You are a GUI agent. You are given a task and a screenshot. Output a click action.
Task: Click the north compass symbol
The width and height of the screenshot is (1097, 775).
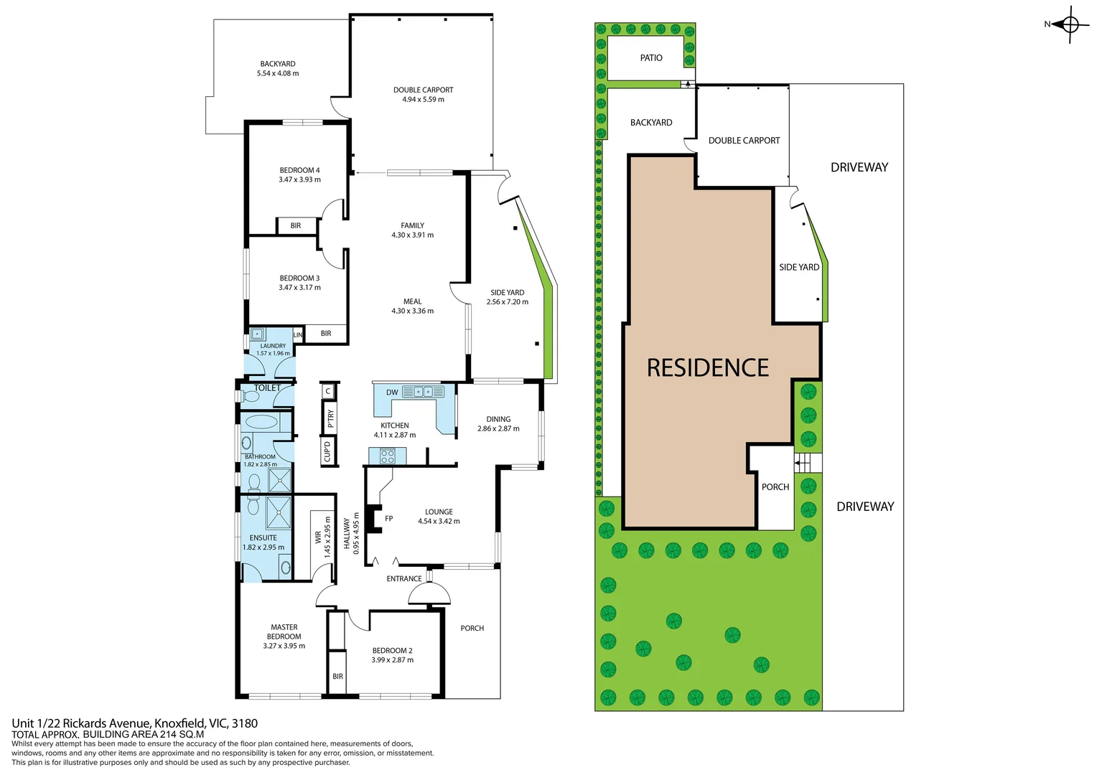(1070, 25)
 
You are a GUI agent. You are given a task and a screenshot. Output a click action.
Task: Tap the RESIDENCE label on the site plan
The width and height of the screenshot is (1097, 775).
(707, 368)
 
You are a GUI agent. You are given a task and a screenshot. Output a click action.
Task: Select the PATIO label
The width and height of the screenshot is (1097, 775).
(651, 58)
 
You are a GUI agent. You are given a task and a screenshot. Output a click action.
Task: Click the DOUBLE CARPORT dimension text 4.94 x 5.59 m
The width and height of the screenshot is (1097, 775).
(423, 100)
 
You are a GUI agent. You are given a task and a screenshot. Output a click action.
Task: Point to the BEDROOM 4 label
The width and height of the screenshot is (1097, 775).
(299, 171)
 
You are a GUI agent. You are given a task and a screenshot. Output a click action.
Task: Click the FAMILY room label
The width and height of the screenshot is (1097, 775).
(412, 225)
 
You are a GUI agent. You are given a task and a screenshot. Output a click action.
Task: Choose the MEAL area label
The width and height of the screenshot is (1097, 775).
(412, 301)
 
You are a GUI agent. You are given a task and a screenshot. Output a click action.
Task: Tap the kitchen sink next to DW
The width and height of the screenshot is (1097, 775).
(423, 392)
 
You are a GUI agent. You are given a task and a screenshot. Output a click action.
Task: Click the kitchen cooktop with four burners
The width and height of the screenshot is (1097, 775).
(388, 456)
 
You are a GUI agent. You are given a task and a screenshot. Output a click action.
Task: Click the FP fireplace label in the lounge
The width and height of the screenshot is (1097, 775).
(388, 519)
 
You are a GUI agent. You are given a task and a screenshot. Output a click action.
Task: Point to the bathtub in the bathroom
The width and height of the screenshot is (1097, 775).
(261, 422)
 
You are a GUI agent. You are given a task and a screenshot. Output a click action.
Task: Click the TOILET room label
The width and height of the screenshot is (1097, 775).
(267, 388)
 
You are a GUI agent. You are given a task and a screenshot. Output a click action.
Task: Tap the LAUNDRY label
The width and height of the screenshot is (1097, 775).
(273, 346)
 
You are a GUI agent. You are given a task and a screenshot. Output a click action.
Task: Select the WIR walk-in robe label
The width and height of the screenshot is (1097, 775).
(318, 537)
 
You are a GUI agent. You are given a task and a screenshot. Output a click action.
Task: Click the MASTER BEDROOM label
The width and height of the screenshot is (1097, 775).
(284, 631)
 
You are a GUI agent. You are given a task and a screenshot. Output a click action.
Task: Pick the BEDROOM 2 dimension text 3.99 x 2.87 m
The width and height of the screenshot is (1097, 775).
(392, 660)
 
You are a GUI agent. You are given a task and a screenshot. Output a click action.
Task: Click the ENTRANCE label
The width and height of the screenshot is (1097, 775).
(404, 578)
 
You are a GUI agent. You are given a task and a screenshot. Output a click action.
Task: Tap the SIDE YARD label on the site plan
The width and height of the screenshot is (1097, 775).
(798, 267)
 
